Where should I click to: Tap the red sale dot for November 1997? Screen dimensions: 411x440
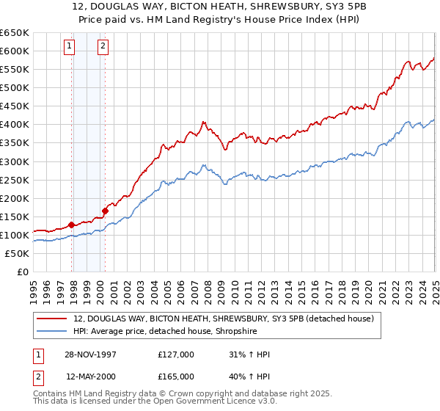(x=71, y=225)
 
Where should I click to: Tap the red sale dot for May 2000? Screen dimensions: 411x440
(x=105, y=211)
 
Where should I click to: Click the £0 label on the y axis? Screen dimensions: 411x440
(x=23, y=272)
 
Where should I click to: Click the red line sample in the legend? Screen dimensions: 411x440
(x=51, y=319)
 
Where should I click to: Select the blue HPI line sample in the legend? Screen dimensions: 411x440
(x=51, y=332)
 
